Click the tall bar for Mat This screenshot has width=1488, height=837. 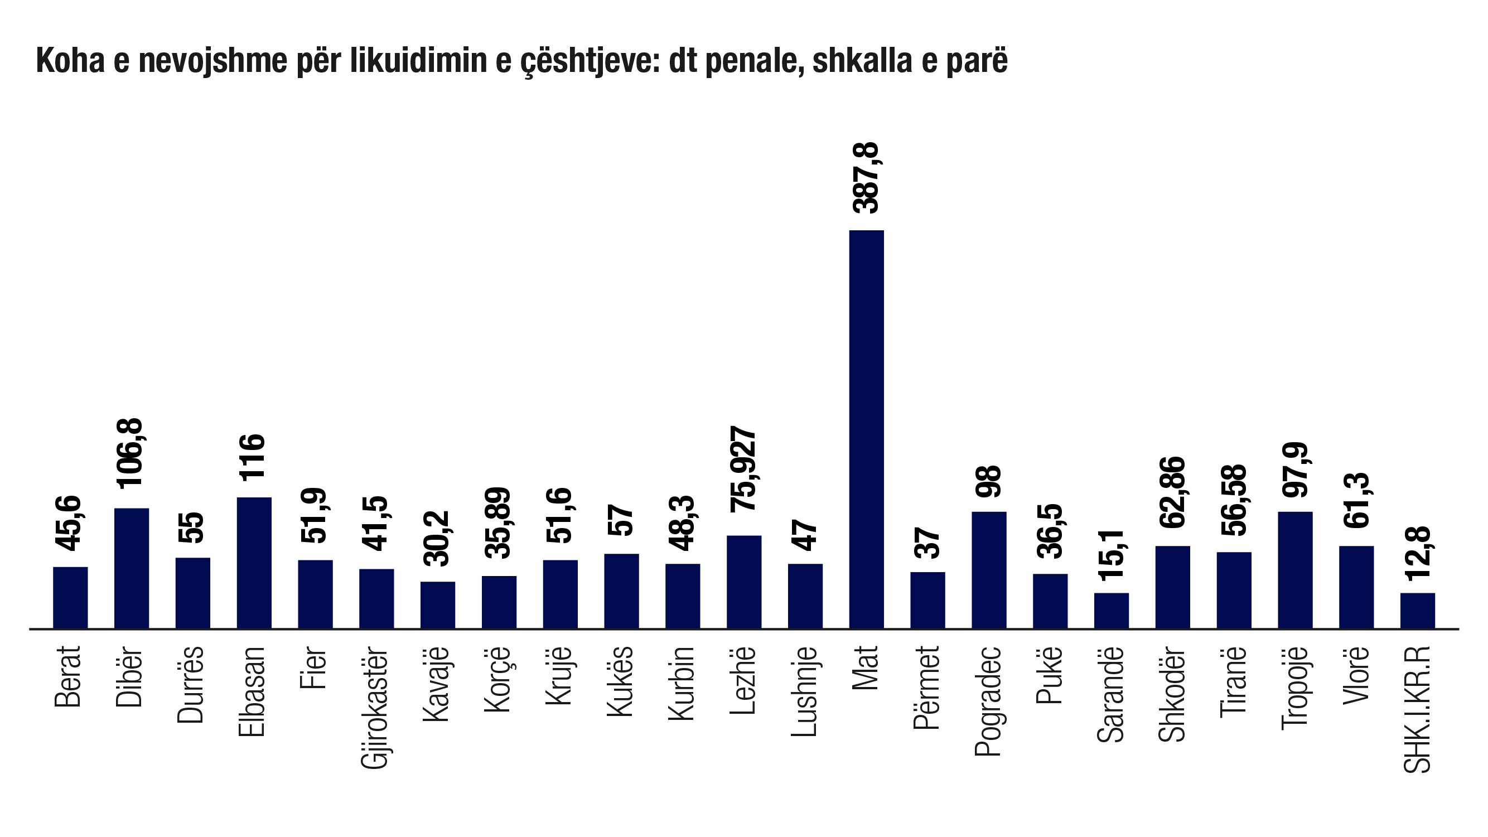click(866, 429)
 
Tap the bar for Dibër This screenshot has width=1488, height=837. click(132, 568)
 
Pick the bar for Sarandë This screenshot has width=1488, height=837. click(1111, 610)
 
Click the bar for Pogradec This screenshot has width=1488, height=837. click(988, 569)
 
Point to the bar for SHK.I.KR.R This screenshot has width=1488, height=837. click(1417, 610)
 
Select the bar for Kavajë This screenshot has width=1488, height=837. click(437, 604)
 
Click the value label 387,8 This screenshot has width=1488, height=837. click(866, 178)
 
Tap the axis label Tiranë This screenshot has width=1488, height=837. click(1233, 682)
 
